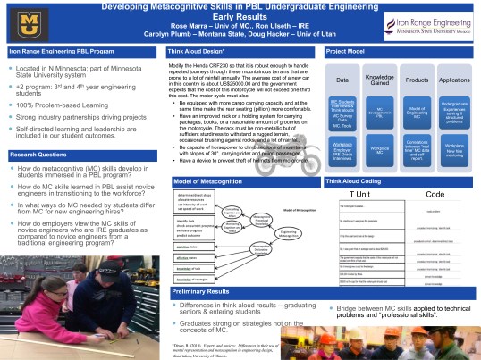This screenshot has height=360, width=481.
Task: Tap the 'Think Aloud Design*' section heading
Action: click(193, 53)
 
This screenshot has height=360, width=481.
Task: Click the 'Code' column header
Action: click(435, 169)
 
